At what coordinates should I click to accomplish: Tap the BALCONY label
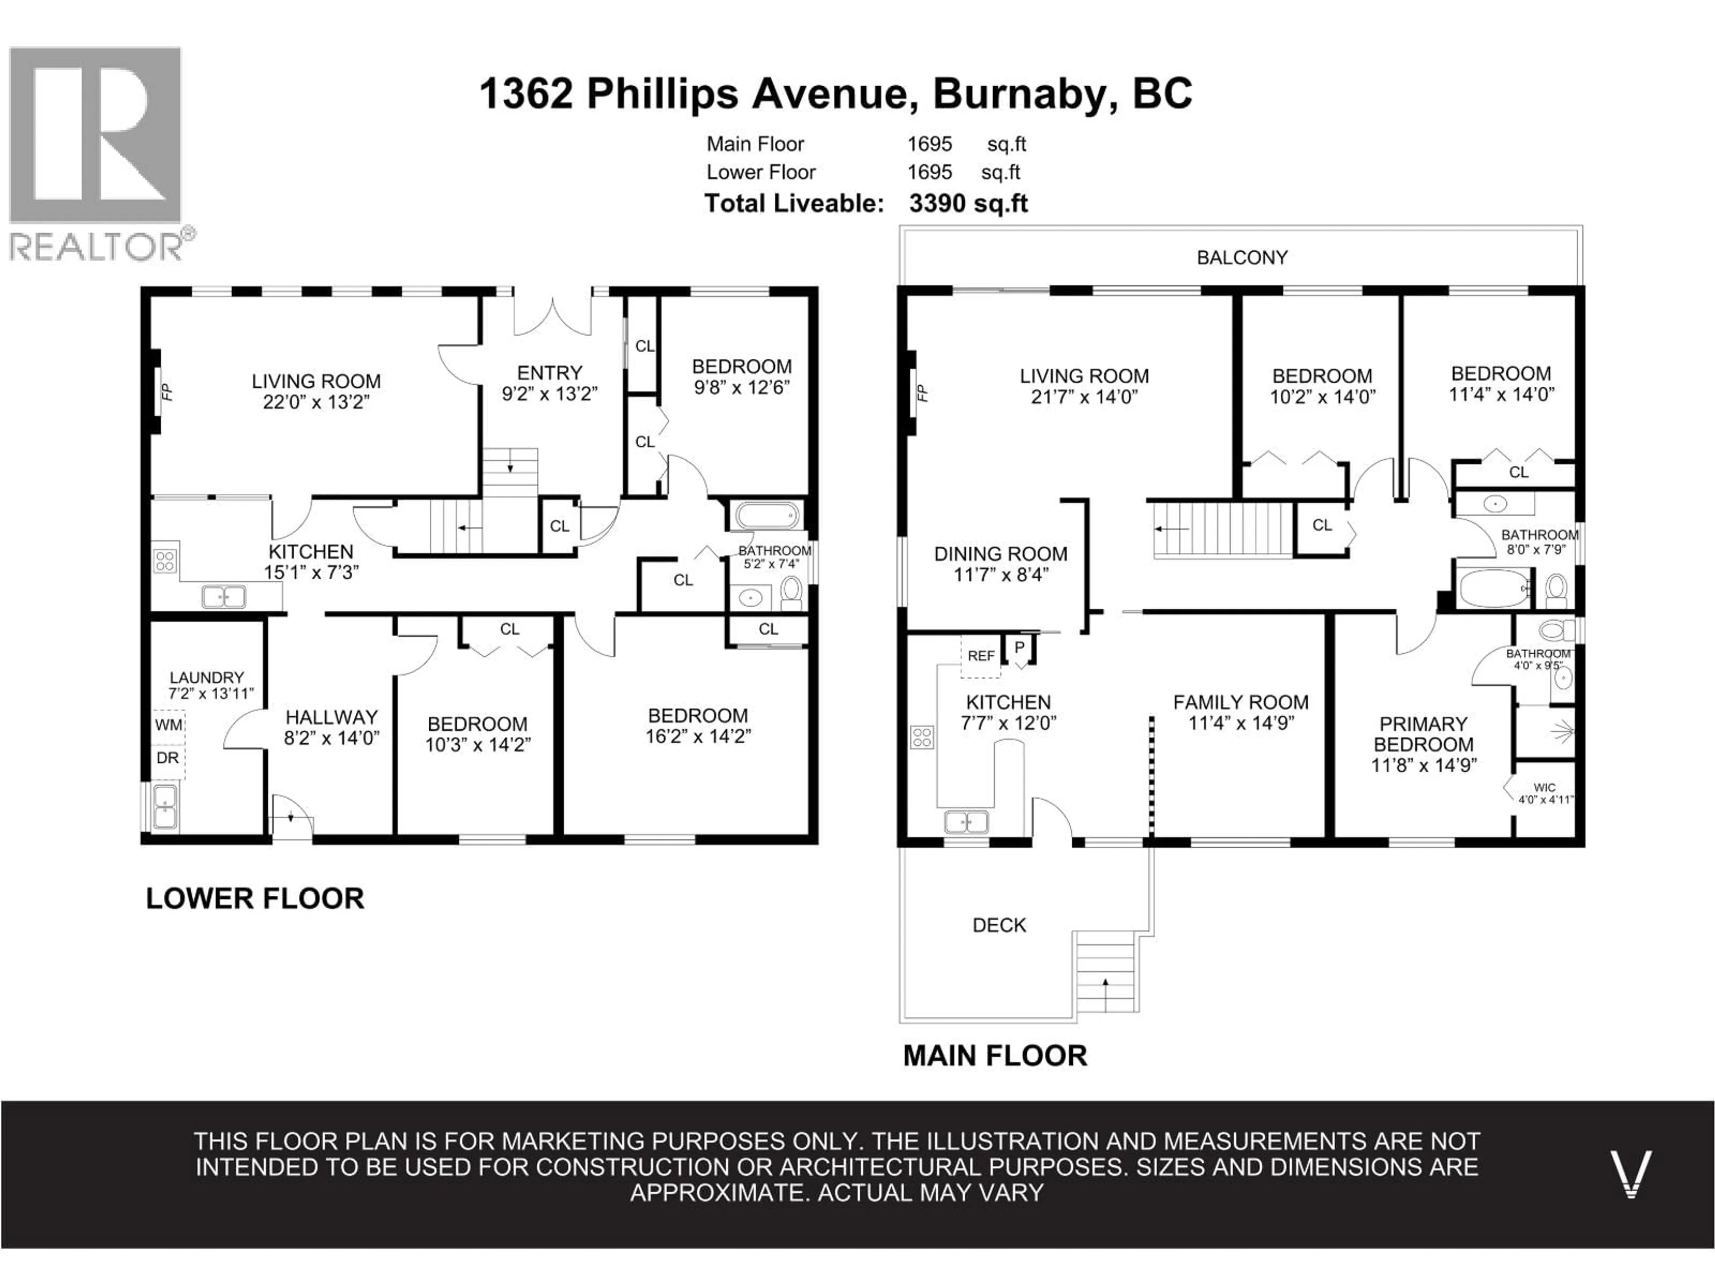(x=1241, y=257)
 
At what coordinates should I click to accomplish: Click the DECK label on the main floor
(x=999, y=925)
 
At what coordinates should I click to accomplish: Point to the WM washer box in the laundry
(x=168, y=725)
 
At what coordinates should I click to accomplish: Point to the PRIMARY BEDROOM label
(x=1423, y=734)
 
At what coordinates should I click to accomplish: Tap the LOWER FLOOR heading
(x=254, y=898)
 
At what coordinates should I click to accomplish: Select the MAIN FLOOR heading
(x=995, y=1056)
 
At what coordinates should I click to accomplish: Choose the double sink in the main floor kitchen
(x=966, y=821)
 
